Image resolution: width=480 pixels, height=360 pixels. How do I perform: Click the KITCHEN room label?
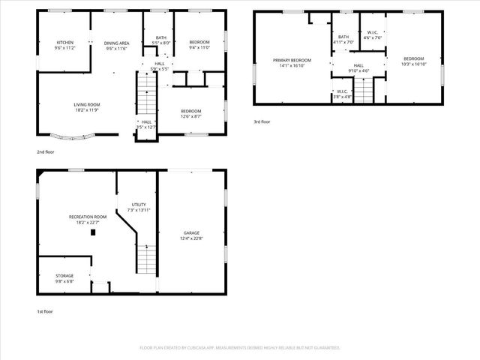(x=65, y=42)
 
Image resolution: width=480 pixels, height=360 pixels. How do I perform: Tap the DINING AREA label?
(x=116, y=43)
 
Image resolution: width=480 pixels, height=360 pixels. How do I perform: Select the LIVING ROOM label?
(x=87, y=104)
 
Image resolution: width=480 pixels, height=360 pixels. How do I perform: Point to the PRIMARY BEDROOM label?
(x=292, y=59)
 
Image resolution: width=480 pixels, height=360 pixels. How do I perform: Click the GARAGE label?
(x=191, y=232)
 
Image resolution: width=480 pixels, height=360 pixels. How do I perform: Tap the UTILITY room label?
(x=139, y=204)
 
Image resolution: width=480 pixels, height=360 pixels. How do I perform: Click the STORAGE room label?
(x=64, y=275)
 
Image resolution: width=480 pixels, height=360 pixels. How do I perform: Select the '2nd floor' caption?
(x=46, y=151)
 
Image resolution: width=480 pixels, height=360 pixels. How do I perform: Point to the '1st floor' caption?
(x=46, y=312)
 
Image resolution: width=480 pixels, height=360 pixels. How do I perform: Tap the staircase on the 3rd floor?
(x=363, y=91)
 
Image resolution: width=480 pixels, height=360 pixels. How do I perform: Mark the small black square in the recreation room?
(x=92, y=232)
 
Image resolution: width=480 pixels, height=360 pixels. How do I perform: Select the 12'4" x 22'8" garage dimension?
(x=191, y=238)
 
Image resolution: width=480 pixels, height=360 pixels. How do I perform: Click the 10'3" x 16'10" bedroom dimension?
(x=413, y=64)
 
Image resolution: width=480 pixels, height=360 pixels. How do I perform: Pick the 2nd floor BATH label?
(x=161, y=37)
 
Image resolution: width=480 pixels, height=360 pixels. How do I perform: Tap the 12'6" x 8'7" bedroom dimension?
(x=191, y=116)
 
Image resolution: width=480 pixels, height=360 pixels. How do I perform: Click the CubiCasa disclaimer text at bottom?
(x=240, y=348)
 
